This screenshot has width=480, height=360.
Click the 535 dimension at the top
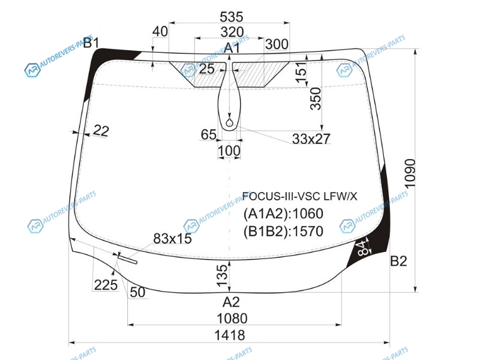click(x=232, y=17)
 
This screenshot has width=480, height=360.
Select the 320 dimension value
click(x=232, y=32)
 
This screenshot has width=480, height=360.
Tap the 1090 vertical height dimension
click(x=410, y=173)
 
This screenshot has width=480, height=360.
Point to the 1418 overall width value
click(x=230, y=335)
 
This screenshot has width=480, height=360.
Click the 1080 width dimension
click(x=232, y=319)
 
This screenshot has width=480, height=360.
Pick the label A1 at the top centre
click(x=232, y=49)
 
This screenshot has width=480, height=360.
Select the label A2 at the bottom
click(x=231, y=302)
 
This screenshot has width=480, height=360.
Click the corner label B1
click(x=91, y=43)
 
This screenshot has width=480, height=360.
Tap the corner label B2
click(x=398, y=261)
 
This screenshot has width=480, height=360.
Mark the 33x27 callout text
click(x=311, y=139)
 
